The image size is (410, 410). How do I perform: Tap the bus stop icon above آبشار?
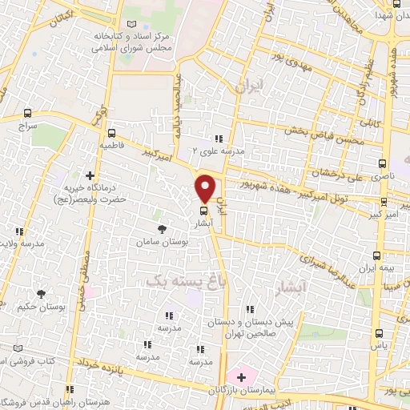pos(203,212)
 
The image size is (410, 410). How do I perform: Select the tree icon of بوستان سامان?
pos(164,229)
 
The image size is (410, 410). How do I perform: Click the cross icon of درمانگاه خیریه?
pos(90,175)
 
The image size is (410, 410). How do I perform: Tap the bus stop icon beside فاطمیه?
pos(111,134)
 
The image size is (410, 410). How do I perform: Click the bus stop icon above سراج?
pos(29,114)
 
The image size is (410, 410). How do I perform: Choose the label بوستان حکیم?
pos(34,305)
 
